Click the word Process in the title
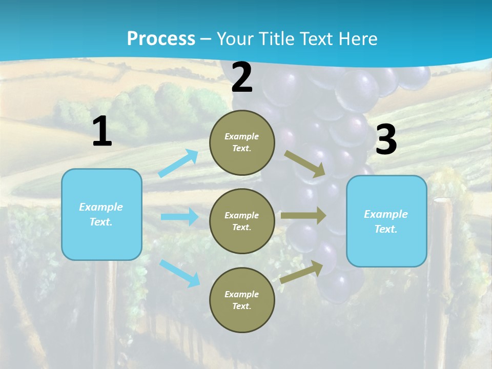(x=161, y=39)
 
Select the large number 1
(x=102, y=132)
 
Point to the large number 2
(x=242, y=78)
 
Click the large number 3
(x=386, y=140)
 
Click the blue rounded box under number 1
(x=101, y=214)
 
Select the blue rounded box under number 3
(x=386, y=221)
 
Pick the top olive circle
(x=242, y=142)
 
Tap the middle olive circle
(x=242, y=221)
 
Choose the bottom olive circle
(x=242, y=300)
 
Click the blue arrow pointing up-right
(x=178, y=163)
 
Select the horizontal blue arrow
(x=179, y=217)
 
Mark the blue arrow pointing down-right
(x=179, y=273)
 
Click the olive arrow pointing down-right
(x=304, y=164)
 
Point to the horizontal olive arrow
(x=303, y=216)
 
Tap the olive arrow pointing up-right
(x=302, y=272)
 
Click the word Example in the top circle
(x=242, y=137)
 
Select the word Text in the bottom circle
(x=241, y=306)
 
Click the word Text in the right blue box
(x=385, y=229)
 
